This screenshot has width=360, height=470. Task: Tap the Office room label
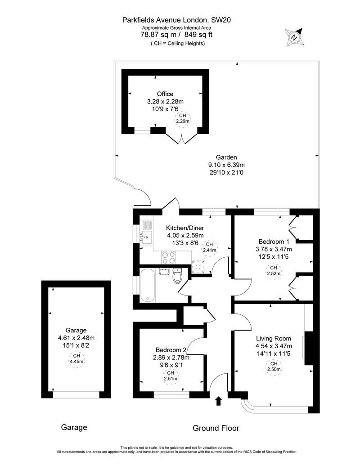pyautogui.click(x=165, y=94)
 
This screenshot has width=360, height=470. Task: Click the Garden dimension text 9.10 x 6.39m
pyautogui.click(x=224, y=165)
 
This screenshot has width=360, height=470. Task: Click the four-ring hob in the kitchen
pyautogui.click(x=169, y=257)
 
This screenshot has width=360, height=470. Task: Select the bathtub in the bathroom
pyautogui.click(x=147, y=285)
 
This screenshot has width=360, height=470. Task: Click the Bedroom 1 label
pyautogui.click(x=271, y=241)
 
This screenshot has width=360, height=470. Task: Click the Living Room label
pyautogui.click(x=274, y=339)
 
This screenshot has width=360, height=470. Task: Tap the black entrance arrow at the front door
pyautogui.click(x=219, y=401)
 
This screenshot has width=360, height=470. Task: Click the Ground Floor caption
pyautogui.click(x=216, y=428)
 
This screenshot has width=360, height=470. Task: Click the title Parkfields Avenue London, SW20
pyautogui.click(x=177, y=19)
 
